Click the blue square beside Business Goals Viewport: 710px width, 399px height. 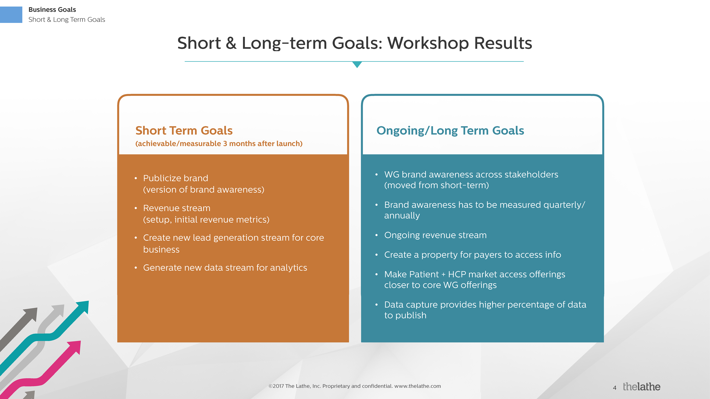(x=11, y=15)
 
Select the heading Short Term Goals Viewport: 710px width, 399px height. (x=184, y=131)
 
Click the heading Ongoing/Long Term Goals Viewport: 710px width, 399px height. (x=450, y=131)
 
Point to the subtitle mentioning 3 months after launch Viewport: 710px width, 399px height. (x=219, y=144)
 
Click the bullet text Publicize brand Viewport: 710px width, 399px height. (x=176, y=178)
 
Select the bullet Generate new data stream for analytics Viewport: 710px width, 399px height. (x=225, y=268)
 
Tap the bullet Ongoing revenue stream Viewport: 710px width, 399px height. (x=435, y=235)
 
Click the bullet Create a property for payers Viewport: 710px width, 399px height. (x=472, y=255)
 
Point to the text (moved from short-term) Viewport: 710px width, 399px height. (x=436, y=185)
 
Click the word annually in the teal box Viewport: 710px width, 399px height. (x=402, y=216)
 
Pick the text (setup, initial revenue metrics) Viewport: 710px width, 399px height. (x=206, y=220)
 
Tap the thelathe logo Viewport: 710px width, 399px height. (x=641, y=387)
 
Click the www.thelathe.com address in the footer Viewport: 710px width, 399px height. (x=417, y=386)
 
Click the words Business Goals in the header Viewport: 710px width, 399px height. (x=52, y=10)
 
